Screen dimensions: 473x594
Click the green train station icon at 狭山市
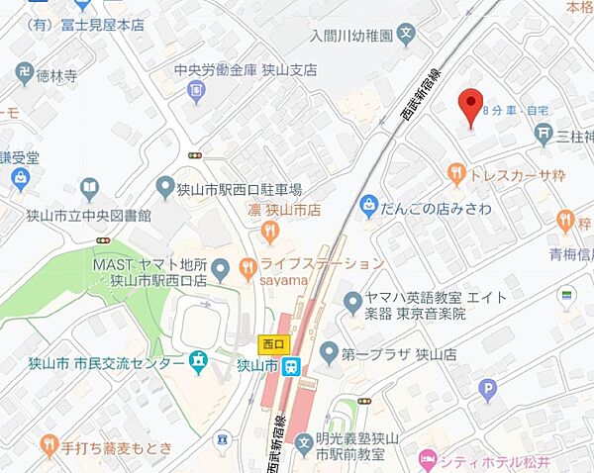click(x=291, y=366)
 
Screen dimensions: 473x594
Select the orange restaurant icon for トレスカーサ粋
click(x=456, y=174)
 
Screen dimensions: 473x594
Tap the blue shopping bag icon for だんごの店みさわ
click(x=369, y=206)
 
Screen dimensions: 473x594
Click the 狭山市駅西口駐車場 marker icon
click(x=165, y=187)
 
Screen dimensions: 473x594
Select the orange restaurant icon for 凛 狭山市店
click(x=270, y=231)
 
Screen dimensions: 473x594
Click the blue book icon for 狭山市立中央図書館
click(x=90, y=188)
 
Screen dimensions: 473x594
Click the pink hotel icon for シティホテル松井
click(x=428, y=458)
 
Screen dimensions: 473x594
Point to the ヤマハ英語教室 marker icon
click(x=351, y=300)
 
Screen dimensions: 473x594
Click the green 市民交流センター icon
click(x=199, y=363)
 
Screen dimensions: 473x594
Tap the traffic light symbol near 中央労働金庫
click(x=196, y=155)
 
